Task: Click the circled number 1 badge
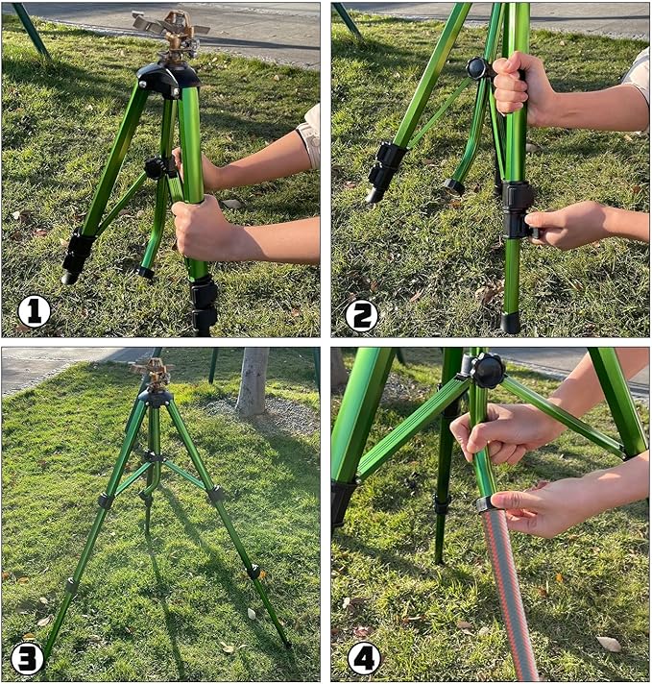pos(34,311)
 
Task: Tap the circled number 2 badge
pos(362,314)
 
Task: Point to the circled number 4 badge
pos(364,658)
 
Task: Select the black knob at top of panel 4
pos(487,370)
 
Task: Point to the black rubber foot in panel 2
pos(510,322)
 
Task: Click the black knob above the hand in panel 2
pos(477,68)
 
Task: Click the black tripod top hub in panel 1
pos(170,79)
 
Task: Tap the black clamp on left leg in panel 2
pos(389,166)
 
